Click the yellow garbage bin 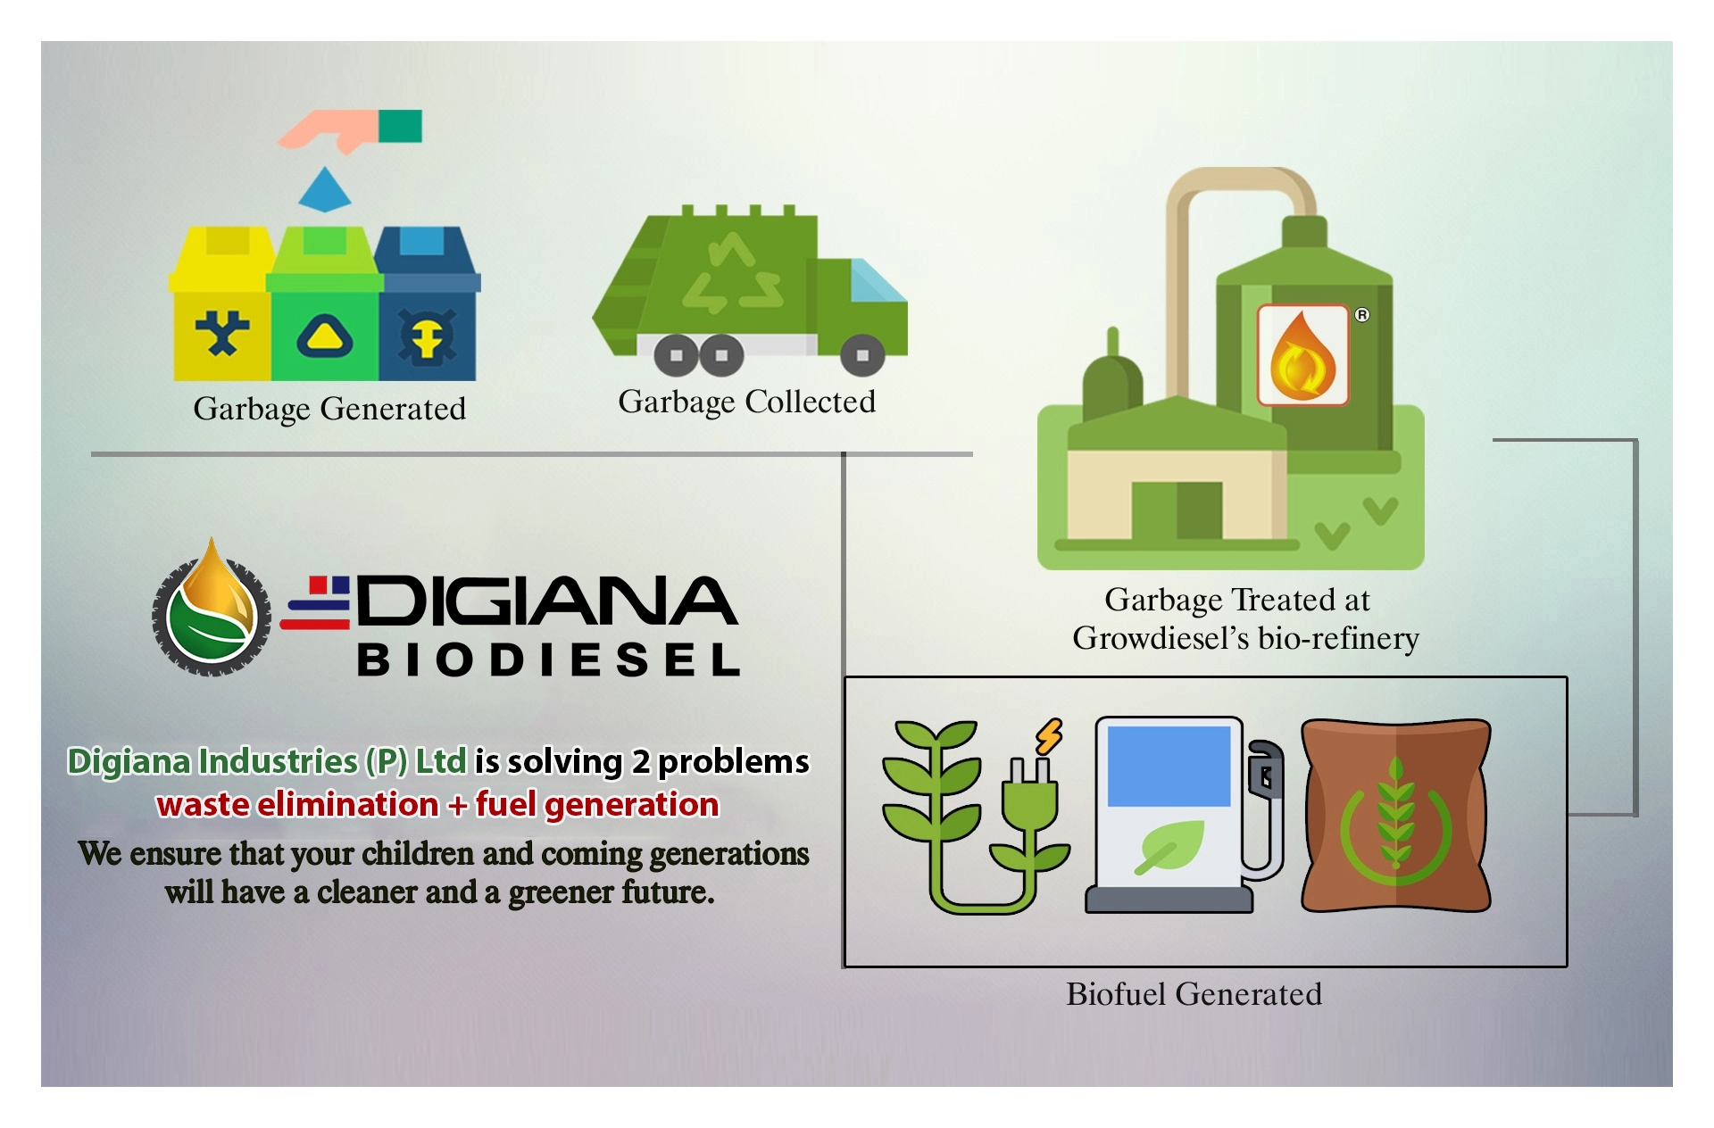[x=221, y=308]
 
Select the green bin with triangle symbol [x=325, y=308]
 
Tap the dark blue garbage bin [x=428, y=308]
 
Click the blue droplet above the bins [x=324, y=190]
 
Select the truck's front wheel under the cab [x=861, y=355]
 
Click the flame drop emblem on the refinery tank [x=1302, y=356]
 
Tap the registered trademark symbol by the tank [x=1361, y=314]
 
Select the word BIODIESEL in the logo [x=548, y=660]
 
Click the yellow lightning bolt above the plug [x=1050, y=736]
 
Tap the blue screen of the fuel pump [x=1169, y=766]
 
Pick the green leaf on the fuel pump [x=1170, y=847]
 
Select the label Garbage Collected [x=746, y=402]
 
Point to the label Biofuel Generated [x=1194, y=994]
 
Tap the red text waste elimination [x=297, y=804]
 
